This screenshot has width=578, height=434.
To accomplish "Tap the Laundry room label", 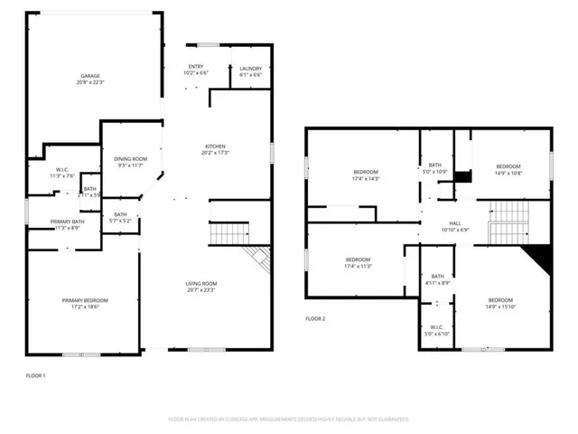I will click(250, 71).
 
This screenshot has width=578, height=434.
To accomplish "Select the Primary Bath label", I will click(67, 224).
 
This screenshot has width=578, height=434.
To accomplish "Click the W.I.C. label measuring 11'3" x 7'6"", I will click(61, 173).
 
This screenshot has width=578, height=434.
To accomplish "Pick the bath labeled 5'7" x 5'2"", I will click(120, 217).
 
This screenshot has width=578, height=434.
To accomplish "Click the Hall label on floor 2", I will click(454, 226).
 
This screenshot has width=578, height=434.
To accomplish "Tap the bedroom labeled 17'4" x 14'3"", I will click(365, 175).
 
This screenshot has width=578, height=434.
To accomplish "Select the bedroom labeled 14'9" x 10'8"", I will click(508, 169).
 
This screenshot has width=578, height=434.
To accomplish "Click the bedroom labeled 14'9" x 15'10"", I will click(499, 302).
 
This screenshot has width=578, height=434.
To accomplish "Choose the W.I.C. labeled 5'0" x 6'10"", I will click(436, 331).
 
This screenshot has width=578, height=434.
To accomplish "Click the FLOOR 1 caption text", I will click(35, 374).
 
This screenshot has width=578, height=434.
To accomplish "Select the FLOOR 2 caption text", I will click(314, 319).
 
